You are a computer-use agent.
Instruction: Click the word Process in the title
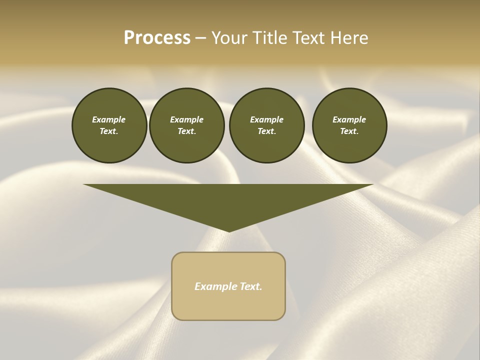point(157,38)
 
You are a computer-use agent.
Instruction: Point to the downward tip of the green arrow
point(229,230)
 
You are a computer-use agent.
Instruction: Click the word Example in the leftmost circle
point(109,119)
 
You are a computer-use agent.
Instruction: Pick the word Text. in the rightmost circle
point(349,131)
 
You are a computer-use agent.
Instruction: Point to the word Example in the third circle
point(266,119)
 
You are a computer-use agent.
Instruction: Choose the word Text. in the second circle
point(186,131)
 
